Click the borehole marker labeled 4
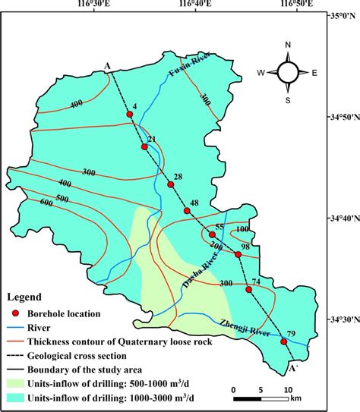click(x=130, y=115)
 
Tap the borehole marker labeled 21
click(x=144, y=146)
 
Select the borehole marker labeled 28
click(x=170, y=184)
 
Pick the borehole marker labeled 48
click(x=187, y=210)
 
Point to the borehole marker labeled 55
click(x=212, y=235)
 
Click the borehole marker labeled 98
click(x=238, y=254)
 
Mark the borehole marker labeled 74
click(x=248, y=290)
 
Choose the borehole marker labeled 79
click(x=284, y=341)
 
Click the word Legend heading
click(x=25, y=297)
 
